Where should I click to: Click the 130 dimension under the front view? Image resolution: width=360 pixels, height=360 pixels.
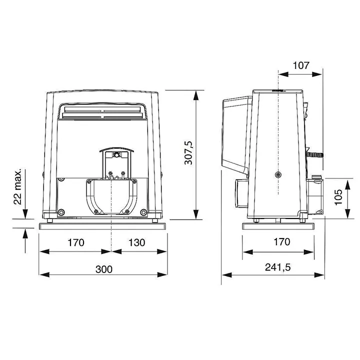[136, 242]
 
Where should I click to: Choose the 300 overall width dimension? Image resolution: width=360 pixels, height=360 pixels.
[103, 268]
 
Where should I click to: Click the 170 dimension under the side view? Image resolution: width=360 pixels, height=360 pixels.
[281, 242]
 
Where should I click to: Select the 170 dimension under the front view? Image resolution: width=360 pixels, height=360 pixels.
[75, 242]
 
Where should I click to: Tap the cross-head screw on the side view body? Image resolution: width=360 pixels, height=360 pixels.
[277, 174]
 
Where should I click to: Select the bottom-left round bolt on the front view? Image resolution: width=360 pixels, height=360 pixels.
[61, 211]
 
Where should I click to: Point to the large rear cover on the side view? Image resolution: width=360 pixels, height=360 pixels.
[235, 132]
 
